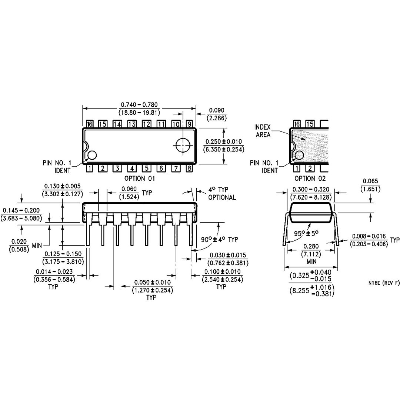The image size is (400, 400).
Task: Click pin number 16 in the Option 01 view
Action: point(89,124)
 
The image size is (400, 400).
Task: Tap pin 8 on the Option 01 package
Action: point(189,169)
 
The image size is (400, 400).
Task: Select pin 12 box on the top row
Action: point(146,124)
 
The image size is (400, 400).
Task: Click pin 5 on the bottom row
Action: point(146,169)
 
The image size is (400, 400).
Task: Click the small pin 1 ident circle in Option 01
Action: point(91,155)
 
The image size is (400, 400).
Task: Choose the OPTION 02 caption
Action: point(307,179)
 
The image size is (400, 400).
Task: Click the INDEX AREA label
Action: point(263,131)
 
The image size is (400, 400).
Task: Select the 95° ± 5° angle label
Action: point(306,234)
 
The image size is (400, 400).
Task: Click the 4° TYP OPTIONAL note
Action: point(222,194)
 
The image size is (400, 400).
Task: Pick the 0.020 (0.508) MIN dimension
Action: point(24,245)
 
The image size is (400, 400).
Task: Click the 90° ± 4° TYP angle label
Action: point(220,240)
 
